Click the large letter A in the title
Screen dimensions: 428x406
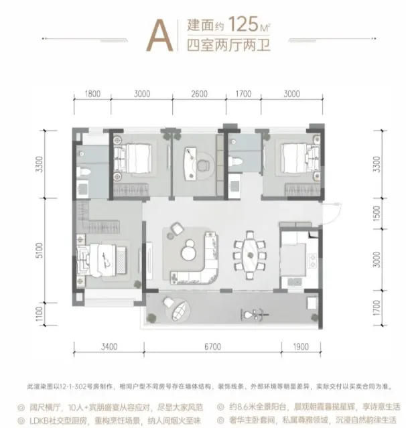point(158,32)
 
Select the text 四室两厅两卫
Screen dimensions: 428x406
point(225,47)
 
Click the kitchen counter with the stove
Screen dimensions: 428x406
point(312,258)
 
